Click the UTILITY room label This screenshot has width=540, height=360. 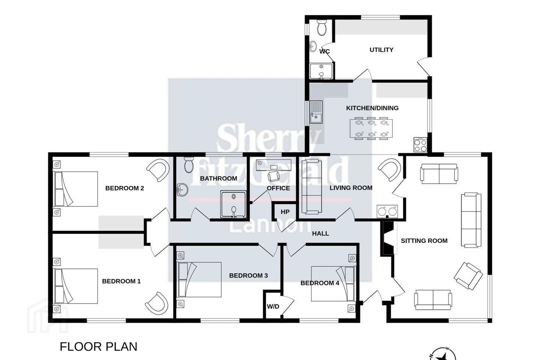pos(381,50)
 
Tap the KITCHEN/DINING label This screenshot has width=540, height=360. pos(372,108)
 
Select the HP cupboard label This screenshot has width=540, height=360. pos(285,212)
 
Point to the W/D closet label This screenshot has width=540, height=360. pos(273,306)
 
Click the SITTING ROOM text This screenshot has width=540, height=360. pos(424,241)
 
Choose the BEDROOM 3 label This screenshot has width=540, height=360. pos(248,275)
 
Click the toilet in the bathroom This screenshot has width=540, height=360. pos(189,165)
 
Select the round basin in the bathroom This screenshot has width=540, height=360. pos(182,190)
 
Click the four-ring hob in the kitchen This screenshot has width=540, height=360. pos(420,145)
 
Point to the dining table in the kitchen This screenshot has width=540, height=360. pos(371,128)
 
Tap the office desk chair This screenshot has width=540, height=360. pos(274,176)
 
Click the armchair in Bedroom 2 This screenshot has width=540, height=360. pos(157,170)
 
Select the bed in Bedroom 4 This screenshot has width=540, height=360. pos(333,283)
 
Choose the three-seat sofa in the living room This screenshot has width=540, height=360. pos(312,187)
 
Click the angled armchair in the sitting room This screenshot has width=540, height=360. pos(468,276)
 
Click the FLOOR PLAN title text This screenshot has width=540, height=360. pos(98,347)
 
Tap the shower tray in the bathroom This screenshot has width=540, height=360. pos(233,204)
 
